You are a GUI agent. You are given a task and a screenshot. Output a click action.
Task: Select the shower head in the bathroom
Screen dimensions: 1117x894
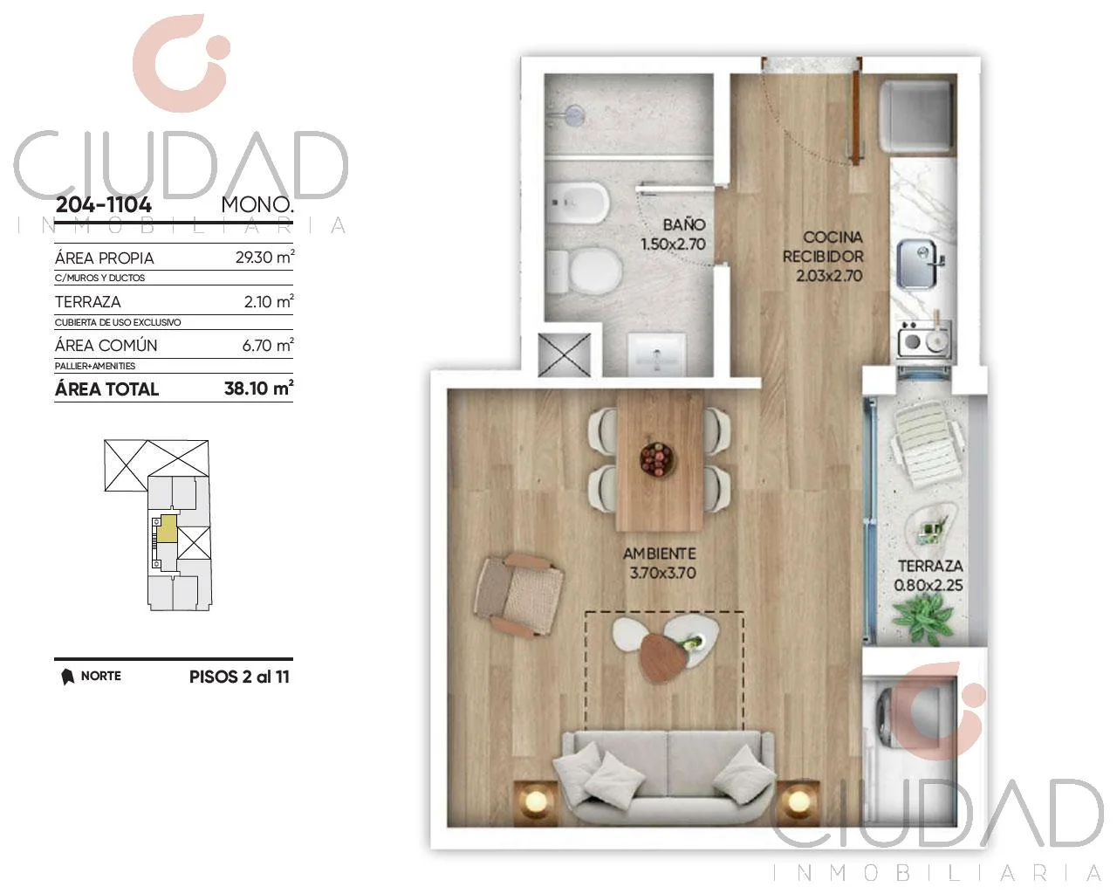click(x=574, y=114)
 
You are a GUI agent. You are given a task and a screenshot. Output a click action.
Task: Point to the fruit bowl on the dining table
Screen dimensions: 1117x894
click(x=658, y=458)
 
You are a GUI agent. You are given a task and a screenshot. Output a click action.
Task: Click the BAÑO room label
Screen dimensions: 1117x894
click(x=684, y=225)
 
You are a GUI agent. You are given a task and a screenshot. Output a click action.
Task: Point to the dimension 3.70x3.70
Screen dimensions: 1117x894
click(x=662, y=573)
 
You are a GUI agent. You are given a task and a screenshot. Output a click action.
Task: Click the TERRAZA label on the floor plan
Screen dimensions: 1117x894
click(x=930, y=566)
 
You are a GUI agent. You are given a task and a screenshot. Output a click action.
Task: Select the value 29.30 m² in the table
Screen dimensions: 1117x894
click(x=264, y=257)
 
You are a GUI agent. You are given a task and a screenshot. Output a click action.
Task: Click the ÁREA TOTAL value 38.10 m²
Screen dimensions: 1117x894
click(x=258, y=388)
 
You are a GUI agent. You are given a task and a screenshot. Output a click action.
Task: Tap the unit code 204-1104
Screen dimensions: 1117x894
click(x=103, y=204)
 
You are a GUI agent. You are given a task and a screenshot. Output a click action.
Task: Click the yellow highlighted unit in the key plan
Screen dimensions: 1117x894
click(x=167, y=529)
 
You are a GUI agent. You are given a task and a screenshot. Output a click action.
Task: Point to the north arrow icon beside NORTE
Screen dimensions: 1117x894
click(x=67, y=677)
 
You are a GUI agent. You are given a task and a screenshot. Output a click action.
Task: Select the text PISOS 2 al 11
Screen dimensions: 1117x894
click(x=239, y=677)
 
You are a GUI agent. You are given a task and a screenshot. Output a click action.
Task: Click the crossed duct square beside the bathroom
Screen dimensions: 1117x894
click(x=565, y=354)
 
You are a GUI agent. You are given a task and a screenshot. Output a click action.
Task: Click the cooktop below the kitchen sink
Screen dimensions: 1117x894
click(x=924, y=341)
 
